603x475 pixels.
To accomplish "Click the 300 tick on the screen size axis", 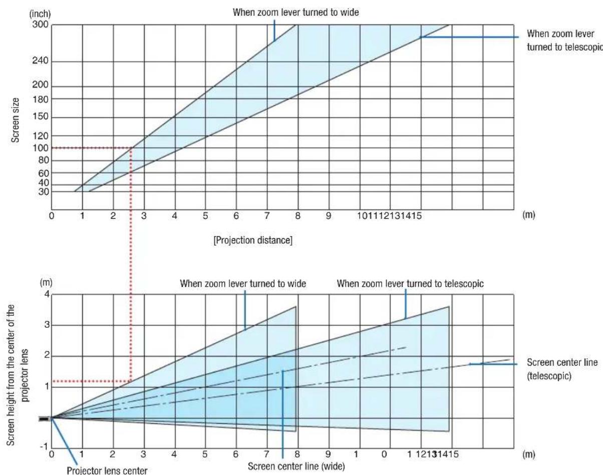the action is (x=40, y=25).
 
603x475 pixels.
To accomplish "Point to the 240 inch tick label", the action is (x=40, y=61).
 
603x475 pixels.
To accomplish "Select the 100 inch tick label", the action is (x=41, y=148).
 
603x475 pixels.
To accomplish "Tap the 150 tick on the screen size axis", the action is (x=41, y=117).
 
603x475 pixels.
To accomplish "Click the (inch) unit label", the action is (x=40, y=14).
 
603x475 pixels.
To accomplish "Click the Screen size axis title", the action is (x=15, y=120).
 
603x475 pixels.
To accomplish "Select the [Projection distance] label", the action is (x=253, y=240).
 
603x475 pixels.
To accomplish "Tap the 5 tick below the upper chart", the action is (x=205, y=216).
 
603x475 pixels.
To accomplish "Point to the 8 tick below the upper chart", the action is (x=297, y=216).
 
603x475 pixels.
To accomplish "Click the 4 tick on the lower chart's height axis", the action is (x=47, y=294).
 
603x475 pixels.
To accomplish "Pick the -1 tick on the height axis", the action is (x=44, y=446).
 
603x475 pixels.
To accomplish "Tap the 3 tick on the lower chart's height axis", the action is (x=47, y=325).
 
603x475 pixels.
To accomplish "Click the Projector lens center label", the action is (x=107, y=470).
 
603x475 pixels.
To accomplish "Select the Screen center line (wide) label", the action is (x=296, y=466).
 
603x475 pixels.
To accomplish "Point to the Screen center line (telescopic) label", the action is (x=562, y=369).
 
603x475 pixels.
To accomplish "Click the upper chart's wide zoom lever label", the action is (x=296, y=13).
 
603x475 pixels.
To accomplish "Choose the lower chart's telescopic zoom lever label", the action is (x=410, y=284).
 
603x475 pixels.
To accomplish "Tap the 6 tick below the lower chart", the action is (x=236, y=454).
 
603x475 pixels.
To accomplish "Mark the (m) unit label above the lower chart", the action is (x=46, y=283).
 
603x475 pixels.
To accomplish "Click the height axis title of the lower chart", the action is (x=18, y=375).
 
